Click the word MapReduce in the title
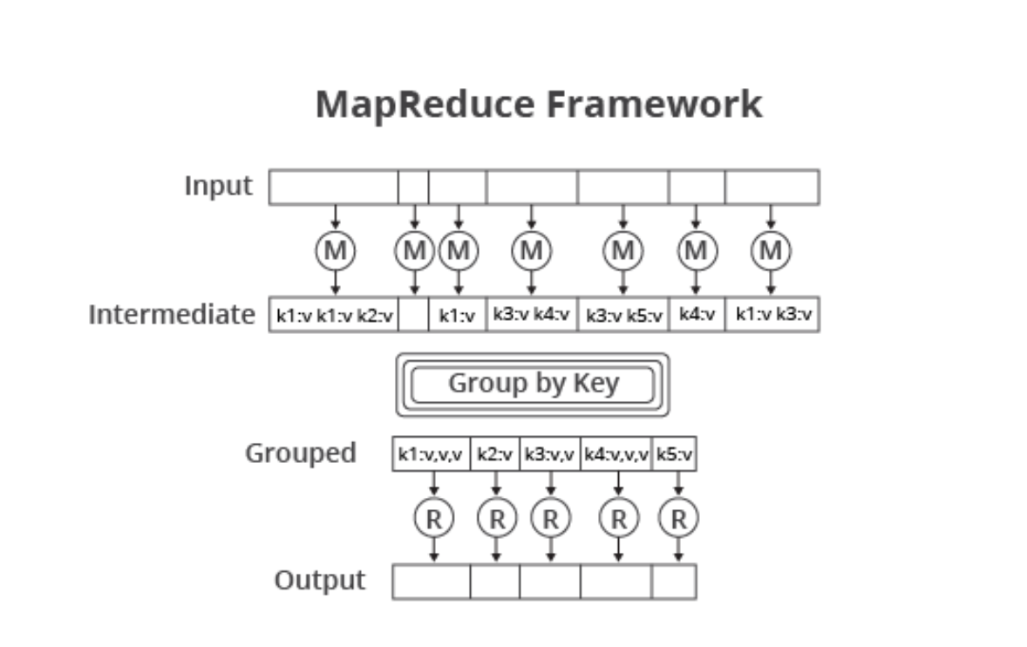(x=424, y=106)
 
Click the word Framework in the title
(x=654, y=105)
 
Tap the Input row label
(x=218, y=186)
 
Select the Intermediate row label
(x=172, y=314)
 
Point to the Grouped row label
(x=300, y=453)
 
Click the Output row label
(x=319, y=581)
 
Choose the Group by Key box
(x=533, y=385)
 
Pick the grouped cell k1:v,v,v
(x=432, y=453)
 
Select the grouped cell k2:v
(x=494, y=453)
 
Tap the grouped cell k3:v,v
(x=549, y=453)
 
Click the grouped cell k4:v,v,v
(x=616, y=453)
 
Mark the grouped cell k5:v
(x=674, y=453)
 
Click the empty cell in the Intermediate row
(x=413, y=315)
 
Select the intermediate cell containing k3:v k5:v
(x=622, y=315)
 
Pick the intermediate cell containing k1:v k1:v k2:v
(x=334, y=315)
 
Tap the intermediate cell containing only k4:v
(x=696, y=315)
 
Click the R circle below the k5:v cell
(x=678, y=519)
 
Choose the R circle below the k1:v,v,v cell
(x=433, y=519)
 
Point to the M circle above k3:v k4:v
(x=531, y=251)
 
